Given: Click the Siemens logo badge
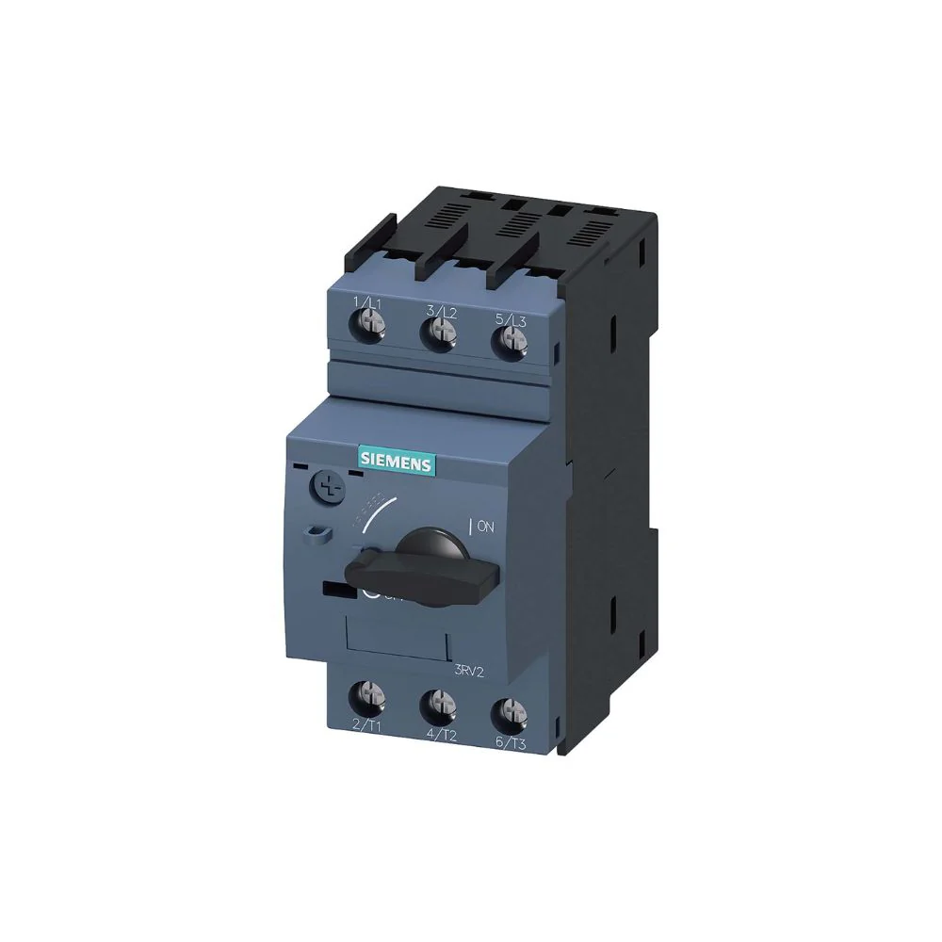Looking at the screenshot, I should [395, 461].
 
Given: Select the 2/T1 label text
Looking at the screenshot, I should [365, 724].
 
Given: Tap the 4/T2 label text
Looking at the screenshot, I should [443, 733].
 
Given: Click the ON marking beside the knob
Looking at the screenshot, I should [485, 528].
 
